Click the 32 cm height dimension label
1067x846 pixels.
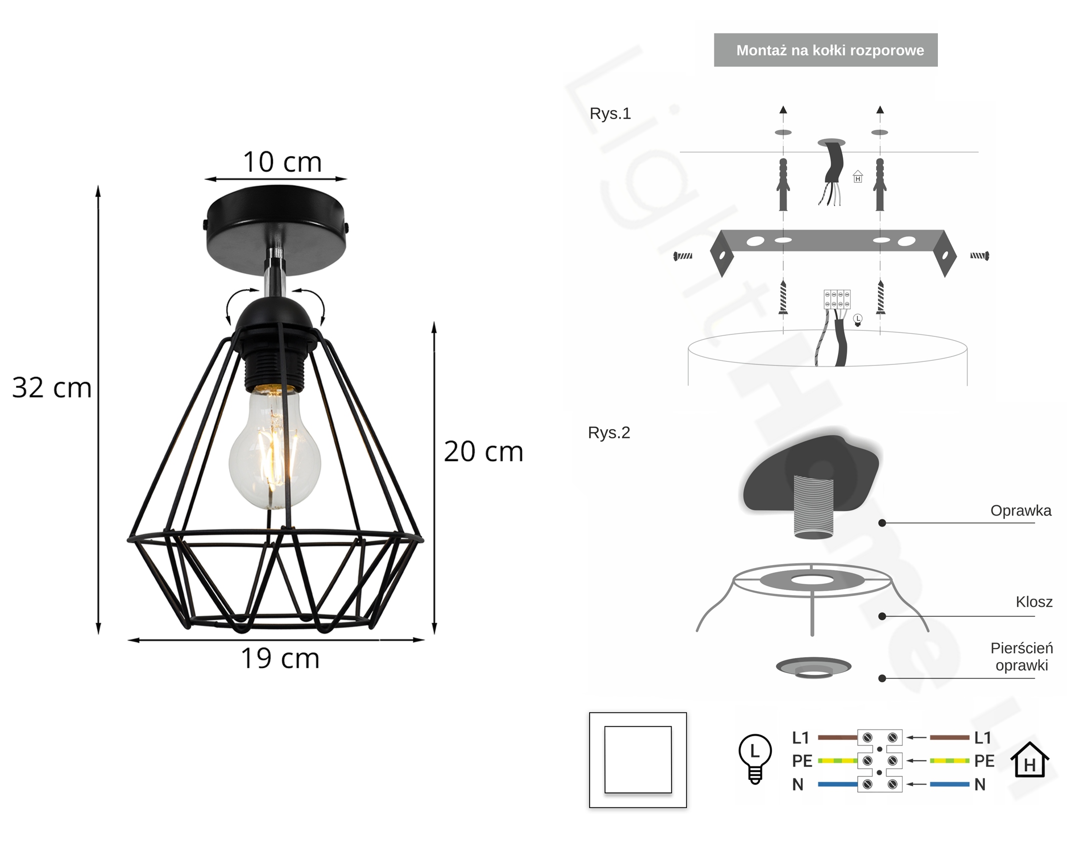tap(52, 387)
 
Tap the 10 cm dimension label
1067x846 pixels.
tap(282, 162)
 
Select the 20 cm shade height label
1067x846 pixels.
tap(483, 452)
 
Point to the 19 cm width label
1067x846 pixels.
tap(280, 658)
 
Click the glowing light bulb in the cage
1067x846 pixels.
tap(274, 448)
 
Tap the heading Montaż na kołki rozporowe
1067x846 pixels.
tap(830, 51)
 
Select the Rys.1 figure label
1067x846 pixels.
tap(610, 114)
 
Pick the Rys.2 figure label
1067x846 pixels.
tap(609, 433)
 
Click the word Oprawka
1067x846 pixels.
tap(1020, 511)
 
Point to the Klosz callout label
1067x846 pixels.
tap(1034, 602)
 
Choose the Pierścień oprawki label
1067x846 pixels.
tap(1021, 657)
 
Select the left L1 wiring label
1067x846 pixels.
tap(801, 738)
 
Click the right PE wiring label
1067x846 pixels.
tap(984, 761)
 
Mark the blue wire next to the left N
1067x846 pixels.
tap(838, 784)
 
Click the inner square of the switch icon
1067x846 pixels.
tap(638, 760)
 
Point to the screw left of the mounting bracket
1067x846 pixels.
tap(683, 256)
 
